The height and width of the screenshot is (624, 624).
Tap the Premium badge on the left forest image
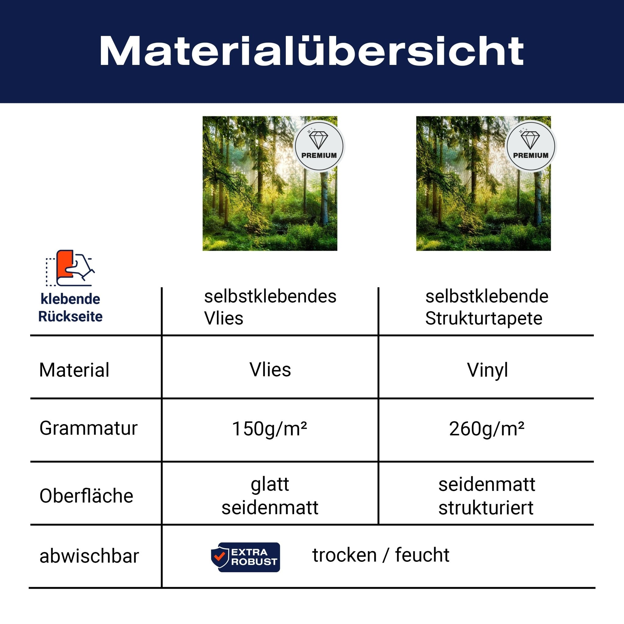(x=319, y=146)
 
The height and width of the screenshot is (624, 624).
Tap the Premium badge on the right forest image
(x=531, y=146)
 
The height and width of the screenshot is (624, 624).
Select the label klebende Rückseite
(x=70, y=307)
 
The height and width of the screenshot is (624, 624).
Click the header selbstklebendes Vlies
(x=270, y=307)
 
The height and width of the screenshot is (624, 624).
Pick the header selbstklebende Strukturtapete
(x=487, y=307)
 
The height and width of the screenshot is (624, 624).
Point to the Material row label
(x=74, y=370)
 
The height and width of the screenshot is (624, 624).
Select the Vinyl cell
(x=487, y=370)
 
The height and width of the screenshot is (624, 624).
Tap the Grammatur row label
(x=88, y=428)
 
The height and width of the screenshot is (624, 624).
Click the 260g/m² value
(x=486, y=429)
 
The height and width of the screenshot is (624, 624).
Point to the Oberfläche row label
(x=86, y=496)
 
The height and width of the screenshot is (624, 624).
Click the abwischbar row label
(x=89, y=556)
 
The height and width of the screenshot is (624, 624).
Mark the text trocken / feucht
(x=381, y=555)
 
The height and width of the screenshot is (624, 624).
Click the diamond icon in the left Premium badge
(x=318, y=140)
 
